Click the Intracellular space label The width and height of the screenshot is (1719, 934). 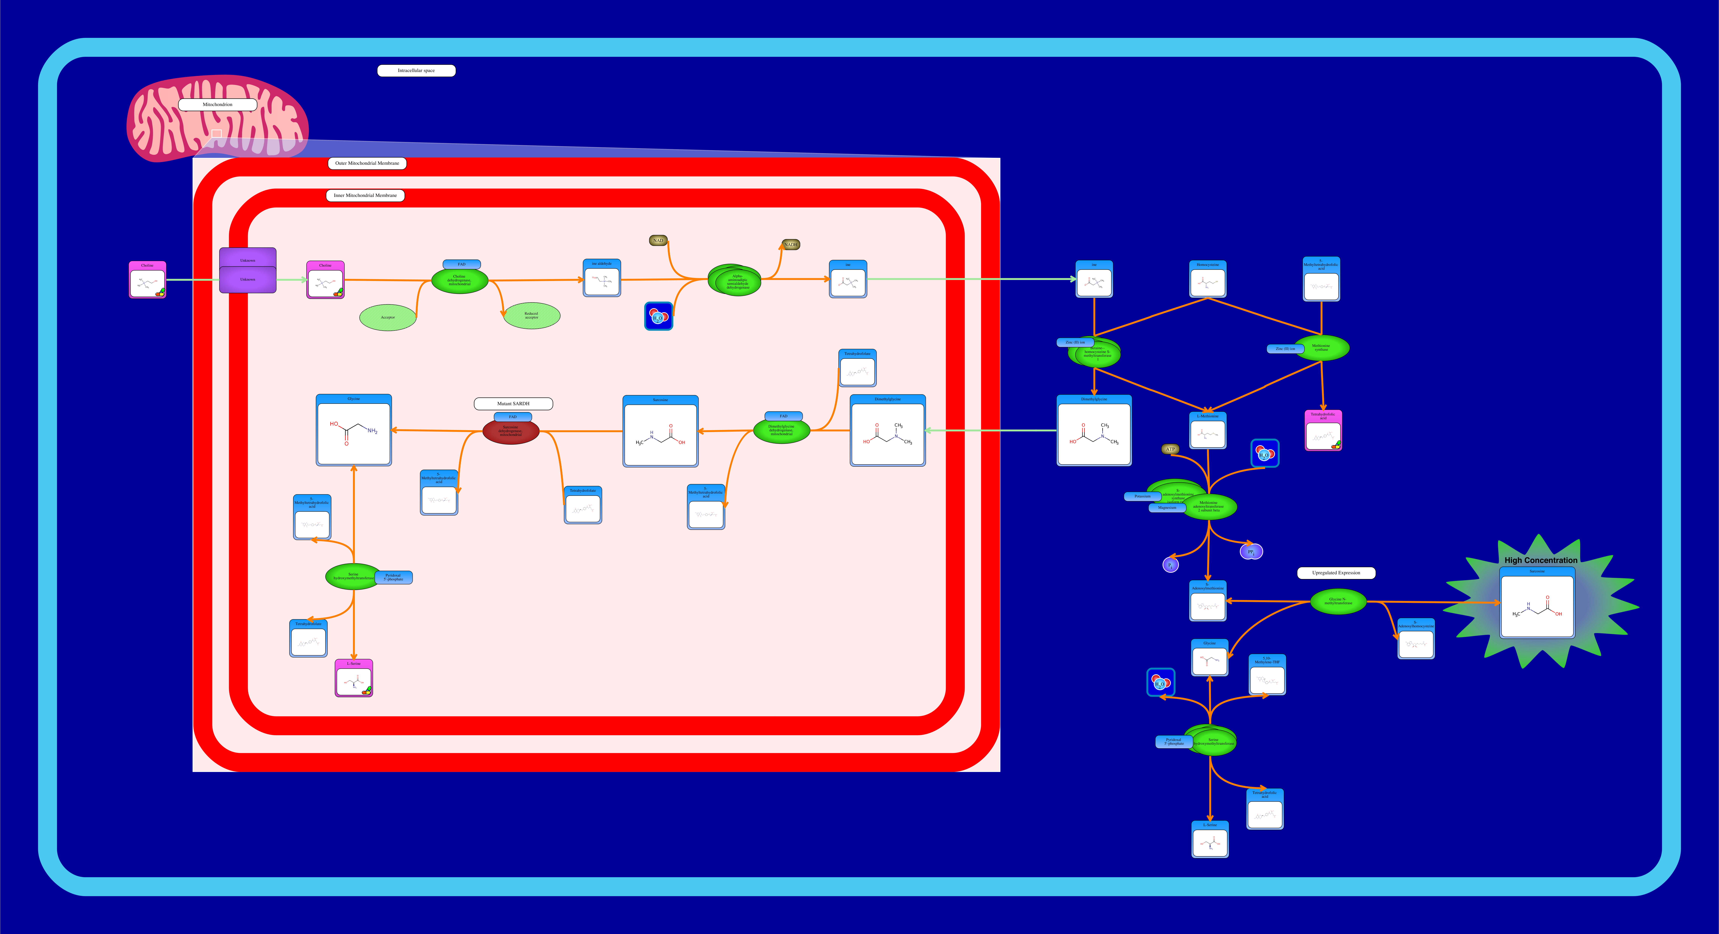pos(416,71)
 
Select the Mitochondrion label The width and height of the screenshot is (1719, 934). pos(218,105)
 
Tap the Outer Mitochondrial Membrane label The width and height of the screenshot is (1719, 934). pos(367,163)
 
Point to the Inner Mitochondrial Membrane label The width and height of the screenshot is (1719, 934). pos(365,195)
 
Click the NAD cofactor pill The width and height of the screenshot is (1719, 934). pos(658,240)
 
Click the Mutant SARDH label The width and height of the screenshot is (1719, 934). pos(513,404)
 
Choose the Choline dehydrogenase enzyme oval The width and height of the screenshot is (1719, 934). pos(460,281)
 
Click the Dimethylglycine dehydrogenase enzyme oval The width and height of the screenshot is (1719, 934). pos(781,431)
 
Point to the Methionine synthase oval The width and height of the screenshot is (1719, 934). pos(1321,348)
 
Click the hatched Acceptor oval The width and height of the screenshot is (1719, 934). pos(388,318)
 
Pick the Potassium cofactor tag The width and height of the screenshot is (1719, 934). pos(1142,496)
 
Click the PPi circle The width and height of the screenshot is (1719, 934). pos(1251,552)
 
